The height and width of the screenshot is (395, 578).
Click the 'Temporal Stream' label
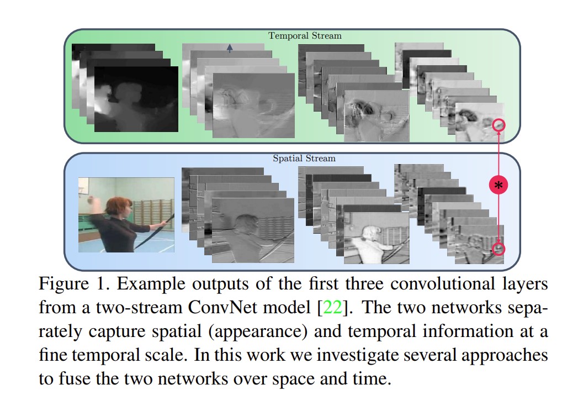click(x=305, y=36)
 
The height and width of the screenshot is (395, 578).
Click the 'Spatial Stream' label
click(x=304, y=159)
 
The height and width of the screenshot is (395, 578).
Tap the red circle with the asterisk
click(x=498, y=186)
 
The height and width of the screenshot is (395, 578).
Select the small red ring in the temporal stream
click(x=499, y=125)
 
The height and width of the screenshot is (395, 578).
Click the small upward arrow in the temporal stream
click(x=230, y=49)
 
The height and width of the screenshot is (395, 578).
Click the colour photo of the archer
click(x=126, y=214)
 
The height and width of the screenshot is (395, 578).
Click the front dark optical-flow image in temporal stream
click(x=136, y=99)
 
